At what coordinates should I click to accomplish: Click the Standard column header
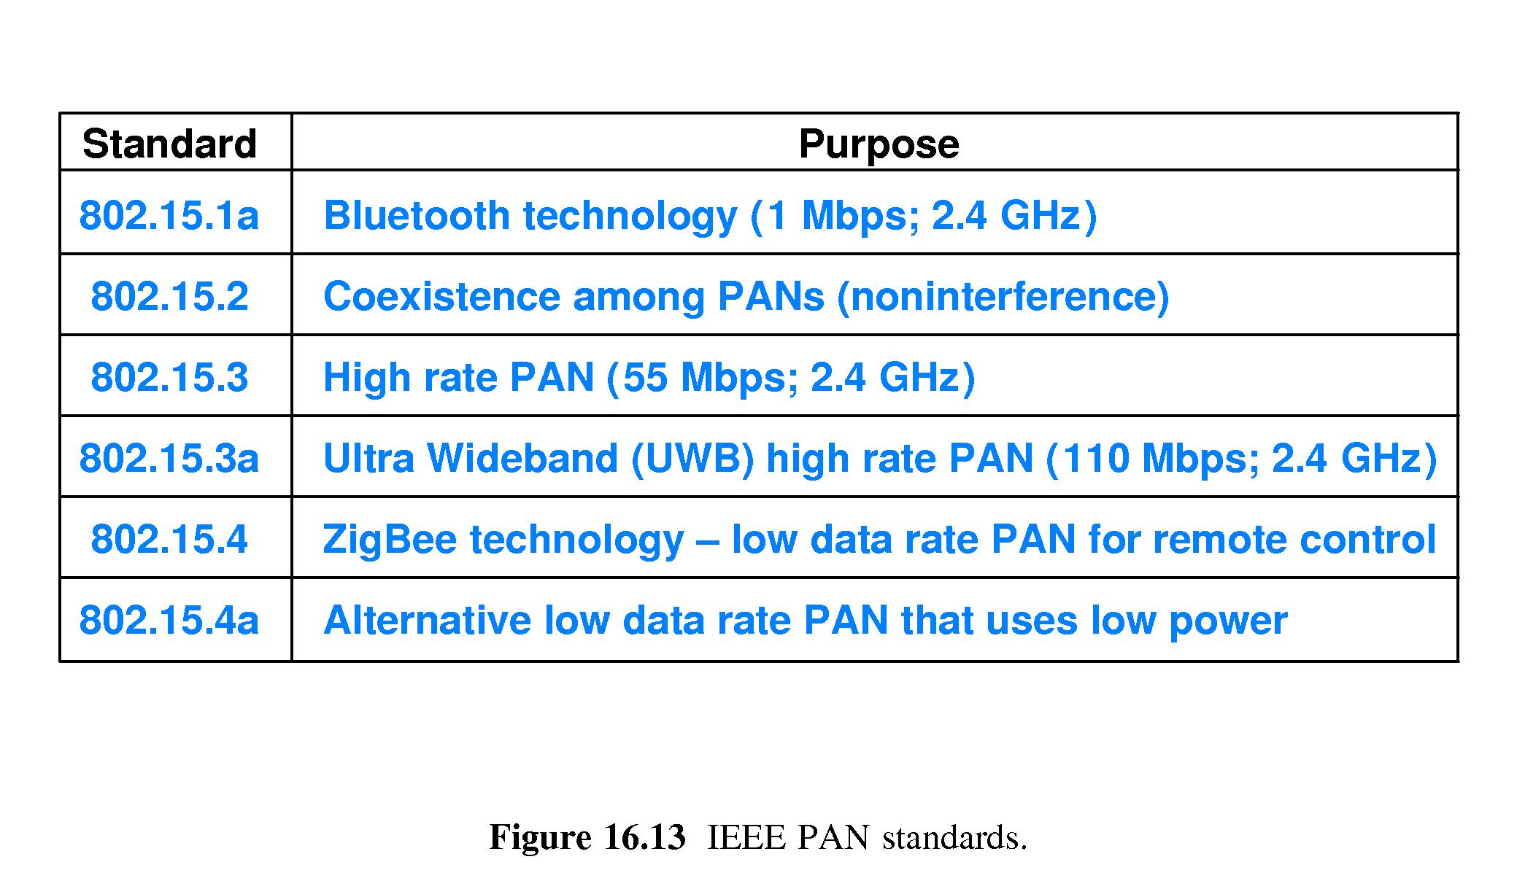coord(169,144)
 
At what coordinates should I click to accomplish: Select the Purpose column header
coord(879,144)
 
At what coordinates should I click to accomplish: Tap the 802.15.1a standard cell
coord(169,215)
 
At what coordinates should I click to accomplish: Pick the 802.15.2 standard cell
coord(169,296)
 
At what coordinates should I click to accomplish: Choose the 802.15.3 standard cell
coord(169,377)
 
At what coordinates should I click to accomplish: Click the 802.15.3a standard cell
coord(169,458)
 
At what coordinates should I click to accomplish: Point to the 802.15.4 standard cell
coord(169,539)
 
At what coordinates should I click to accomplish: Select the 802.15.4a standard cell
coord(169,620)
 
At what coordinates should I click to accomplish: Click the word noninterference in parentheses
coord(1003,297)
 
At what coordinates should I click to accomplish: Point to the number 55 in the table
coord(645,377)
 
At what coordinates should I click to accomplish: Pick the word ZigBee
coord(389,541)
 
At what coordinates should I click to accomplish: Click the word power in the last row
coord(1228,623)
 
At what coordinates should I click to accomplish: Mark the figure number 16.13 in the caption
coord(645,837)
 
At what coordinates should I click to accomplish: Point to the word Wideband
coord(522,458)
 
